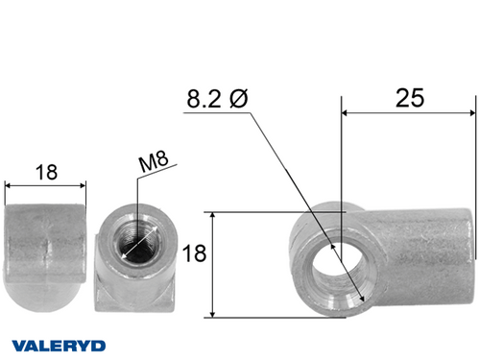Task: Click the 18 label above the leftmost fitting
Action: [45, 173]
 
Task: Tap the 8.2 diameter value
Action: [204, 100]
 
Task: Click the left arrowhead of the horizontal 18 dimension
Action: [10, 185]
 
